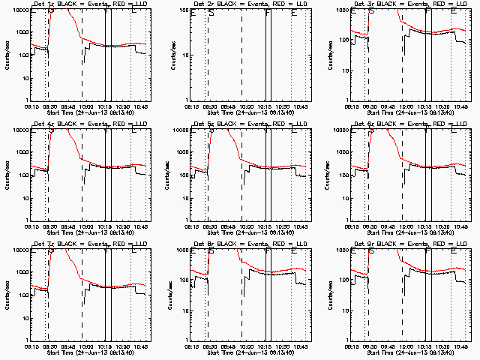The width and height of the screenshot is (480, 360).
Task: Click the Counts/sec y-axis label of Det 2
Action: tap(175, 55)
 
